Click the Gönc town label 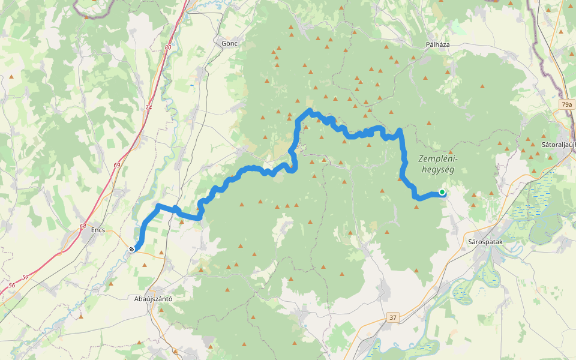pos(230,43)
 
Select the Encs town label pos(98,230)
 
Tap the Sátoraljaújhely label pos(558,145)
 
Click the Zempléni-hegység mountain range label pos(437,164)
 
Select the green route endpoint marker pos(442,192)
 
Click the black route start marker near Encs pos(131,248)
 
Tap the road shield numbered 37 pos(392,317)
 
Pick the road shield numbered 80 pos(167,47)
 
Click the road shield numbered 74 pos(149,107)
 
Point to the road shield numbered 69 pos(116,165)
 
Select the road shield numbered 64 pos(82,226)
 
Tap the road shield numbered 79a pos(566,104)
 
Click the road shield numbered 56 pos(12,286)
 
